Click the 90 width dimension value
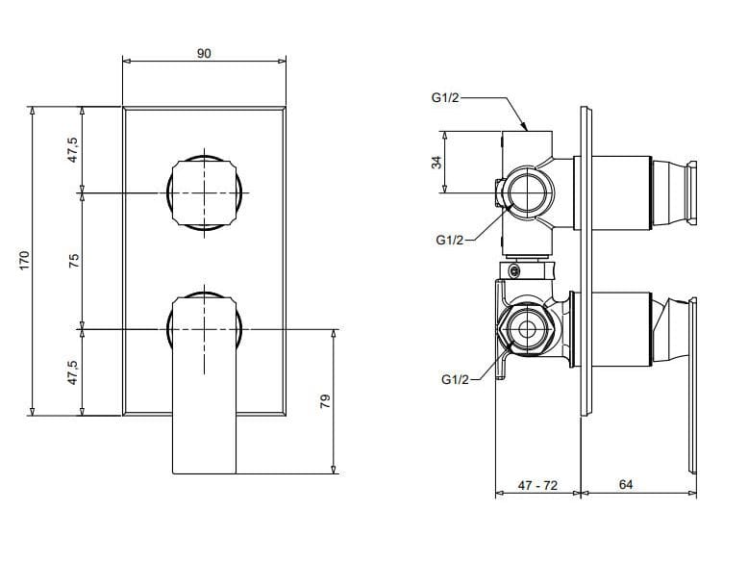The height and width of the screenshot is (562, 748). click(x=204, y=54)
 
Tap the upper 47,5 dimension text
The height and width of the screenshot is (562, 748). click(x=73, y=150)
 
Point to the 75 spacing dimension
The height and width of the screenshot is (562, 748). click(x=73, y=260)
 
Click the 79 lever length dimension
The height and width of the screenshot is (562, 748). click(x=325, y=399)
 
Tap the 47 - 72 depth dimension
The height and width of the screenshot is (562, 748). click(x=536, y=486)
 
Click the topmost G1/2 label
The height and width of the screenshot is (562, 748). click(x=446, y=97)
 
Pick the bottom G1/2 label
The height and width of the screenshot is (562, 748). click(x=456, y=380)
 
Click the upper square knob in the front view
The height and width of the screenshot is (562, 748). click(x=204, y=193)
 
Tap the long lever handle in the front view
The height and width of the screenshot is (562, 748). click(x=204, y=404)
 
